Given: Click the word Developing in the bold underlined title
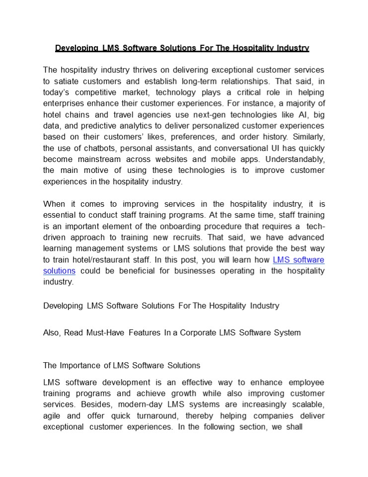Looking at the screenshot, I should (76, 48).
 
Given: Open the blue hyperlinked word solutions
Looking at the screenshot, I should (59, 271).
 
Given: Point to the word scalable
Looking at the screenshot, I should (304, 404).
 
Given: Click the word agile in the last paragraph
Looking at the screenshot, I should (54, 415).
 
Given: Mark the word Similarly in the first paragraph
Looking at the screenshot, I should (307, 137).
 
